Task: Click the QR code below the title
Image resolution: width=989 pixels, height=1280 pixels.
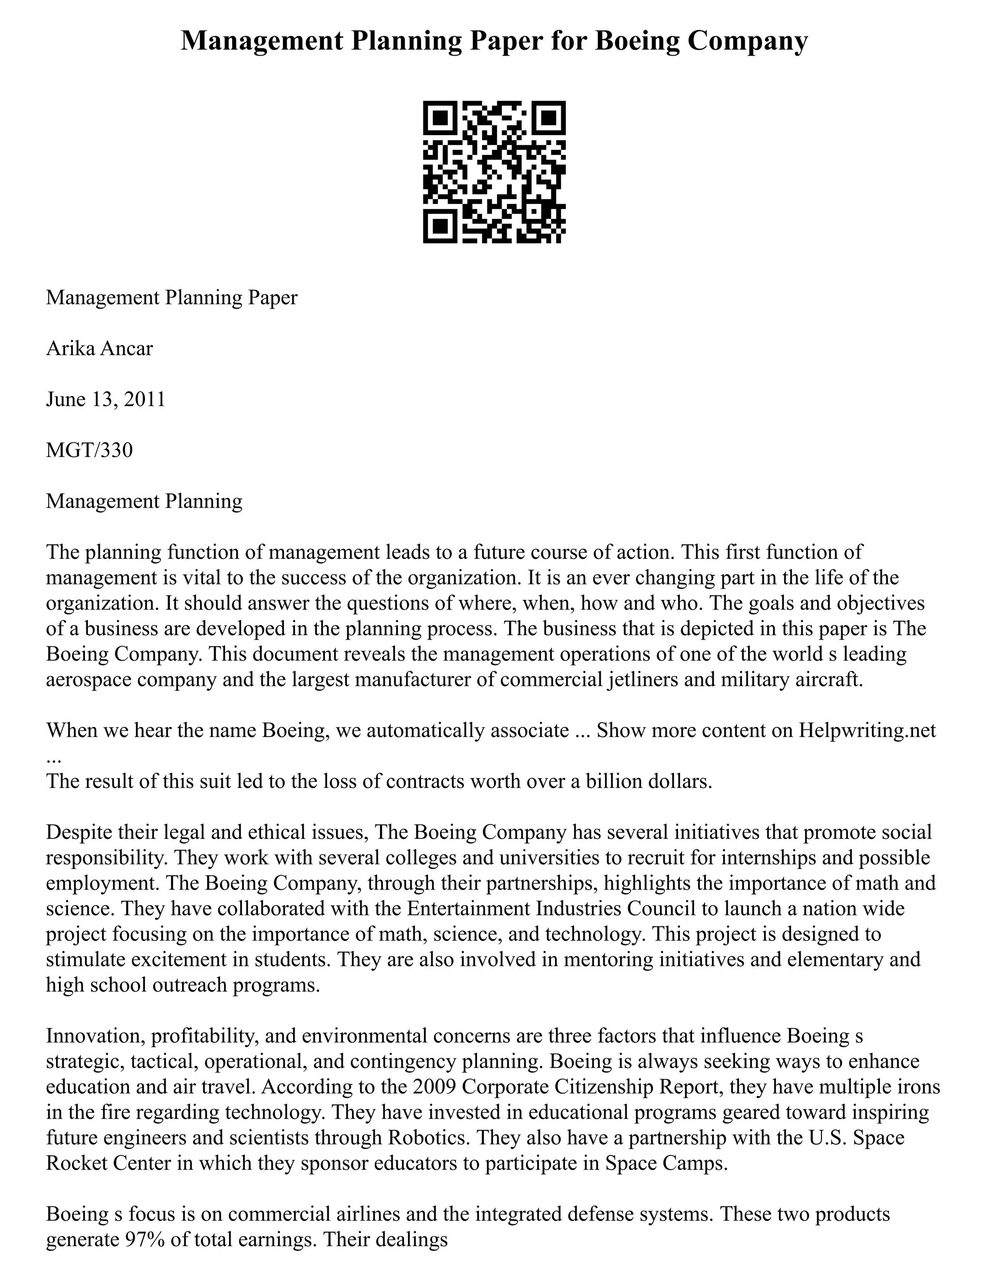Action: click(x=494, y=172)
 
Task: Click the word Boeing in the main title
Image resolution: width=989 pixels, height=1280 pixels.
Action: click(x=637, y=41)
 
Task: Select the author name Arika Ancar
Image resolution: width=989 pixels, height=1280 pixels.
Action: click(x=99, y=349)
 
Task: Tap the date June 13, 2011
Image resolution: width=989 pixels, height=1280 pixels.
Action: click(x=105, y=400)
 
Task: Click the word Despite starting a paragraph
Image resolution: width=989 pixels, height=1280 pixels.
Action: click(x=79, y=832)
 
